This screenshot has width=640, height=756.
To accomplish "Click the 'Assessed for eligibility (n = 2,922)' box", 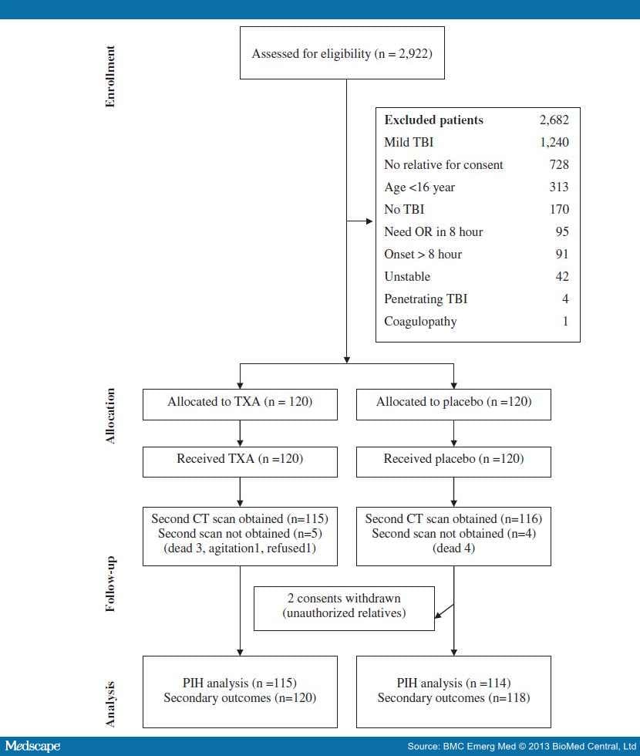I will [342, 54].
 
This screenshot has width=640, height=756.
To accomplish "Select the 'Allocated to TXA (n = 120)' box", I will [240, 402].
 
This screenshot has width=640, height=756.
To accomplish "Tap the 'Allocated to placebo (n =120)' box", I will [453, 402].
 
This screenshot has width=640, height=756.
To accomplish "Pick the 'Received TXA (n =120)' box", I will [240, 458].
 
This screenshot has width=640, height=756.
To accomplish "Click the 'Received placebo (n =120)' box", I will [453, 458].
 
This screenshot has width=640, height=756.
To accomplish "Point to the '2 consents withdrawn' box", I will [344, 606].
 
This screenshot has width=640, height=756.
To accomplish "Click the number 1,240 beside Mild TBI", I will [553, 143].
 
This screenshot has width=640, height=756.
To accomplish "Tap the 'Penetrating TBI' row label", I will [426, 299].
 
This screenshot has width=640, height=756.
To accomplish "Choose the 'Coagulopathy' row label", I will [420, 321].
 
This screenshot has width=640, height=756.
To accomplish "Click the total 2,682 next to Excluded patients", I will [554, 120].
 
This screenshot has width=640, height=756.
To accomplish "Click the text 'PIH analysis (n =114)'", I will [453, 683].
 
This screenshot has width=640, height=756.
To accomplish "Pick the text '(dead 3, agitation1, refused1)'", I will [240, 548].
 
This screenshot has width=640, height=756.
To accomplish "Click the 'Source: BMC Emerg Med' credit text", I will [521, 747].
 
